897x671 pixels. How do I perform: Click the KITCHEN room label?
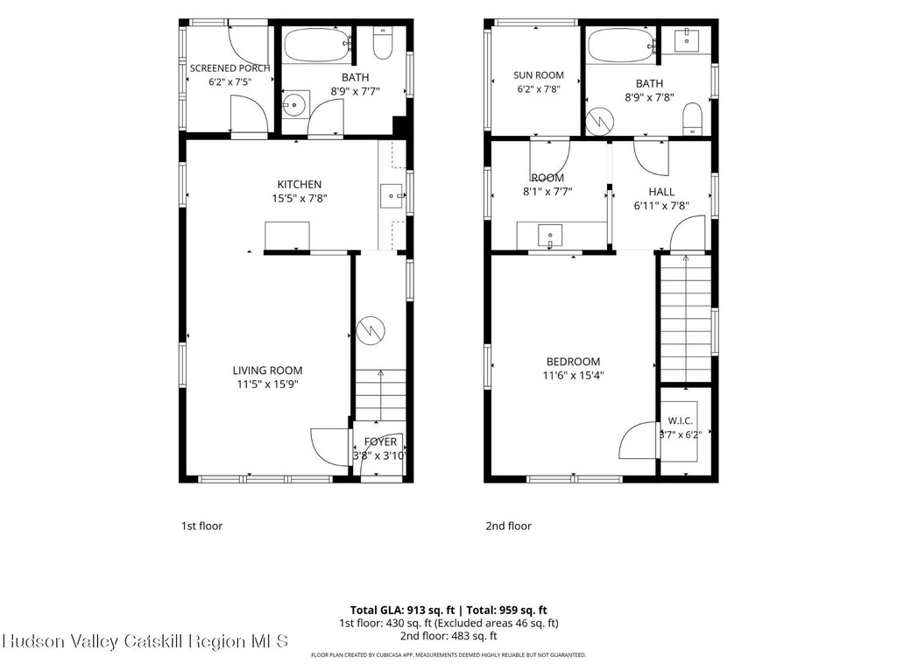click(300, 184)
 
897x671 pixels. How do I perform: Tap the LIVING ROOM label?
click(267, 371)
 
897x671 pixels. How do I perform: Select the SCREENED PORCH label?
click(230, 68)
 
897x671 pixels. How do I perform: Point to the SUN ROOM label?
click(539, 75)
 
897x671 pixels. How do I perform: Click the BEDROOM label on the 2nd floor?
click(573, 362)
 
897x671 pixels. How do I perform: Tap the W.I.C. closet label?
click(680, 421)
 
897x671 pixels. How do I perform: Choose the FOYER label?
click(380, 441)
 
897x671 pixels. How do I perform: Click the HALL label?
click(661, 192)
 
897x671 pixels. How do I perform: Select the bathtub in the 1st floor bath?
click(316, 46)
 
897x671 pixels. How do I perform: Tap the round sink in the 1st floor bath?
click(295, 104)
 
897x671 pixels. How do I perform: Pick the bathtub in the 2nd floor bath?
click(621, 46)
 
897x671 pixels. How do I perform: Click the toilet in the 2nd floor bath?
click(693, 119)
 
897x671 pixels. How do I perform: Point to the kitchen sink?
click(392, 195)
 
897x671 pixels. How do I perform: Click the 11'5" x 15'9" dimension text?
click(268, 385)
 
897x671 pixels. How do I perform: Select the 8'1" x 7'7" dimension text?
click(547, 192)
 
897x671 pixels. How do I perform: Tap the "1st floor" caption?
click(202, 526)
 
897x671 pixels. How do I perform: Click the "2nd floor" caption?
click(509, 526)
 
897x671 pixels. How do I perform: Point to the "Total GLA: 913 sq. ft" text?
click(402, 611)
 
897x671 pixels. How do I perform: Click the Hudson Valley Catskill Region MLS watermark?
click(145, 641)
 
